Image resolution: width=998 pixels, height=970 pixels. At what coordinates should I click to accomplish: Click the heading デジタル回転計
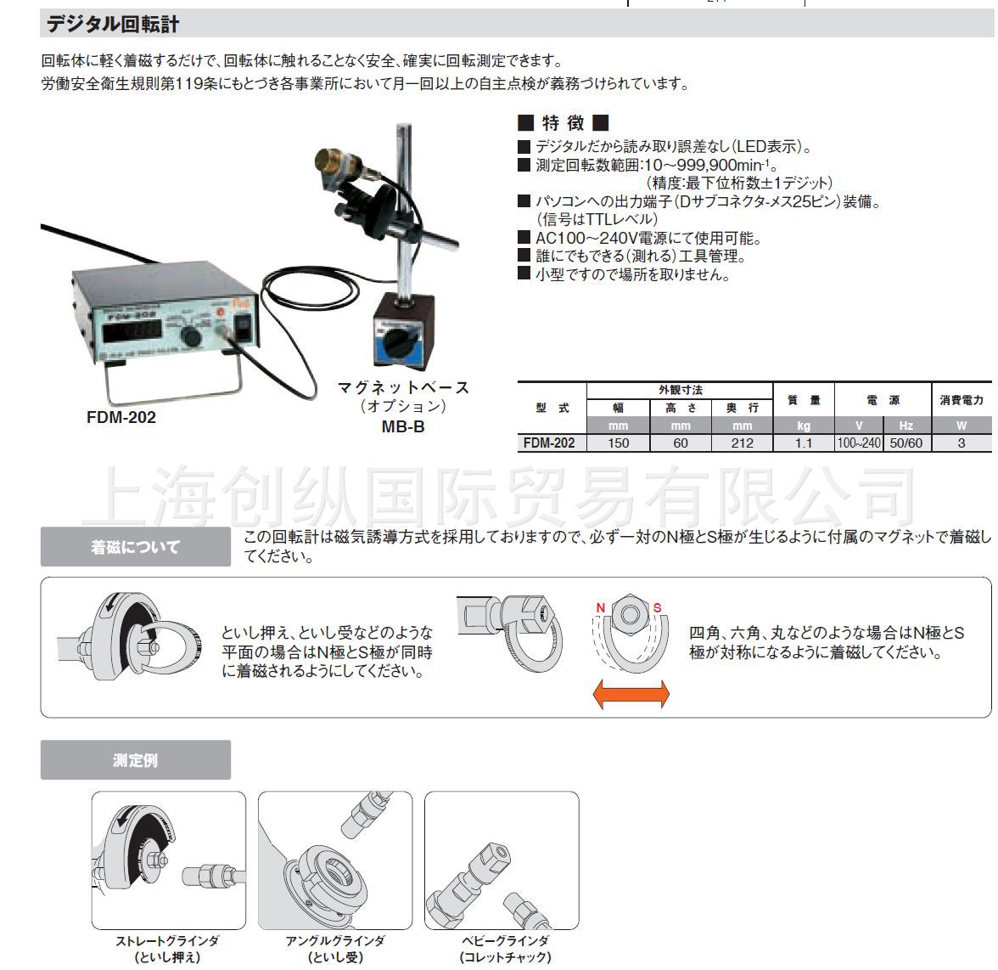112,24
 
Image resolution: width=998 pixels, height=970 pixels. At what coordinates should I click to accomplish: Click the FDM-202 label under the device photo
121,418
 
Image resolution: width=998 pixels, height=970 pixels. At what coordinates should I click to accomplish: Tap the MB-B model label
402,427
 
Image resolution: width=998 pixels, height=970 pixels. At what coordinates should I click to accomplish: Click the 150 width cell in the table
619,443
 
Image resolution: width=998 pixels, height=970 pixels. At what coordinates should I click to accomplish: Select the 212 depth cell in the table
742,443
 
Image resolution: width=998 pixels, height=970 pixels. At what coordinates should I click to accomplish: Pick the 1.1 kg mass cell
803,443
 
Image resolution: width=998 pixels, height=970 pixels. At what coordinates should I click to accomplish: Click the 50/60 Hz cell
905,443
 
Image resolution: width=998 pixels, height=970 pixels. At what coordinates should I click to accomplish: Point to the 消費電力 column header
962,399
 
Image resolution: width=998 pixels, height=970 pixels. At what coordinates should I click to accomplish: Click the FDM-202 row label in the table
549,443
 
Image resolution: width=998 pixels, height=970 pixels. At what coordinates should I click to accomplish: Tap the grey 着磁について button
136,547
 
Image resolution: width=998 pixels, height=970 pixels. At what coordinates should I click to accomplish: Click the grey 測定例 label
136,760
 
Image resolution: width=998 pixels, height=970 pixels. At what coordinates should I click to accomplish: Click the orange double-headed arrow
631,693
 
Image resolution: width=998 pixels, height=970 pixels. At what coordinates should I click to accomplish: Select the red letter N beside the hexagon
600,608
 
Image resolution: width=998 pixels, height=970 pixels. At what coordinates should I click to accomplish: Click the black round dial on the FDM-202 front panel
192,338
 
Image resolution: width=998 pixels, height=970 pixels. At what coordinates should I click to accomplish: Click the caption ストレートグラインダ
167,941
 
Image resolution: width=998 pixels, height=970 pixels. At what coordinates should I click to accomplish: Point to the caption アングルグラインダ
335,941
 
